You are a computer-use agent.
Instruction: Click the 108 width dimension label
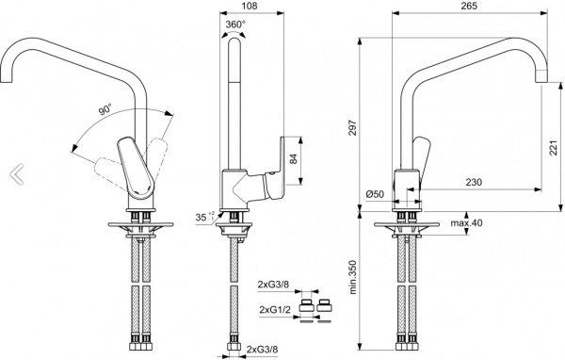250,6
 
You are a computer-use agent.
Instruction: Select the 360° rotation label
235,25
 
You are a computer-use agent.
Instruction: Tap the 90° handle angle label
105,109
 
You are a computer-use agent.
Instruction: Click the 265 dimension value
469,6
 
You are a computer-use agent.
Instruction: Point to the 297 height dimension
354,127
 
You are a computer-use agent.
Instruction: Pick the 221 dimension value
553,148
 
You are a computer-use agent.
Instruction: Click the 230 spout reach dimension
474,182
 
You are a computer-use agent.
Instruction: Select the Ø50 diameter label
375,194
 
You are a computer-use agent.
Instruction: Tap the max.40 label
466,223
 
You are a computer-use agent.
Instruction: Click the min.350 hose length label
353,277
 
